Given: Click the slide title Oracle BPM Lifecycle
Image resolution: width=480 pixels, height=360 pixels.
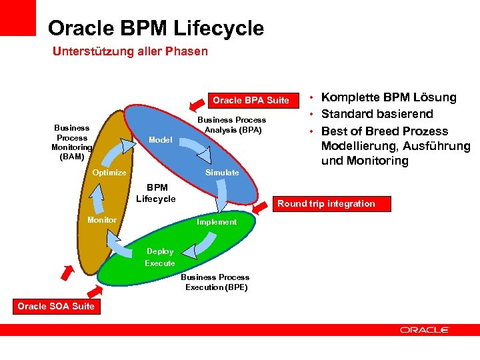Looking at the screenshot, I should [x=156, y=29].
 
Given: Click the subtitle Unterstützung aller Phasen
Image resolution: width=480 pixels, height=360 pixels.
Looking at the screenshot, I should [x=130, y=51].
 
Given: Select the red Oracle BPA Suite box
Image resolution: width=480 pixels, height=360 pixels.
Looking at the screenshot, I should [x=251, y=100].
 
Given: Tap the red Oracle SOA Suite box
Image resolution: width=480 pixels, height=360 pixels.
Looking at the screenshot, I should [x=56, y=306].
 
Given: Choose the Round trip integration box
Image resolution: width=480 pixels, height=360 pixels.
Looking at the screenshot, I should [x=326, y=203].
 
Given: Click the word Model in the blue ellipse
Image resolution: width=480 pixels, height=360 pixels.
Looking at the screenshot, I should [x=161, y=140].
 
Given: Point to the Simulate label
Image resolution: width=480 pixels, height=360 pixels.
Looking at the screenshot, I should [x=222, y=172].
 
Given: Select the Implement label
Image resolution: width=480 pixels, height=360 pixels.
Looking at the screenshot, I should [x=217, y=222].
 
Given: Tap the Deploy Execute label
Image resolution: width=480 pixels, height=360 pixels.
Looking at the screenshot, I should [x=160, y=257].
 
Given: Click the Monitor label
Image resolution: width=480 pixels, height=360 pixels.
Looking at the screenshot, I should [x=102, y=220].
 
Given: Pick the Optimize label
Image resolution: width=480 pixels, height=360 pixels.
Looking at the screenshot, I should [x=109, y=173].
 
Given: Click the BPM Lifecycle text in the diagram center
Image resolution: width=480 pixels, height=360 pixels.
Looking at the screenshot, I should [x=156, y=193].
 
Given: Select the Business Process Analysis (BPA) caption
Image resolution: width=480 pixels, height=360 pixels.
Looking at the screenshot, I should [x=233, y=125].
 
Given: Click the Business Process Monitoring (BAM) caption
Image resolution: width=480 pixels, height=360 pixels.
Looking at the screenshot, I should [x=72, y=142].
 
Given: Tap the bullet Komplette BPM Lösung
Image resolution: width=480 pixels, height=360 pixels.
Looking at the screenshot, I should [x=389, y=97].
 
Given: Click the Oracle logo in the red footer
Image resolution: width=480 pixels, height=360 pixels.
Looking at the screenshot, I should [x=425, y=329].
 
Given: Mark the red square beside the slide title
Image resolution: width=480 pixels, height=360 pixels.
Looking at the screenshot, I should [x=18, y=17].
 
